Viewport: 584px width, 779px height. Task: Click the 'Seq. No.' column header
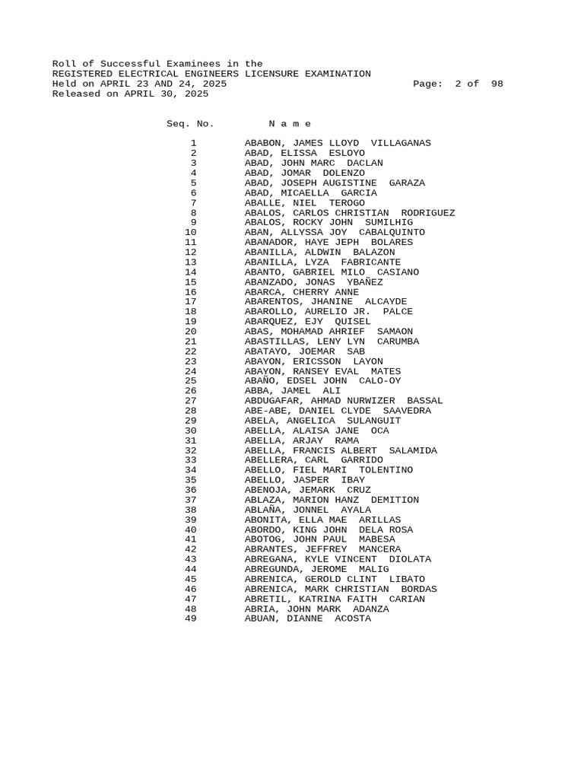pos(190,124)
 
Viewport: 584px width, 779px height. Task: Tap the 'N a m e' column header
pos(290,124)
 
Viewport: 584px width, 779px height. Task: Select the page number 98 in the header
pos(497,84)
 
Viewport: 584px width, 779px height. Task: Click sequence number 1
pos(193,143)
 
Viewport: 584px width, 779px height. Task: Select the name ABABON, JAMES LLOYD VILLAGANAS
pos(338,143)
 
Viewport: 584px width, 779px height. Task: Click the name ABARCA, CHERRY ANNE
pos(301,292)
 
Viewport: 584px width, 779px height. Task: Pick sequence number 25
pos(190,381)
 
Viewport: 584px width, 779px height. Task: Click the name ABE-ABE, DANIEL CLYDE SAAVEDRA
pos(338,411)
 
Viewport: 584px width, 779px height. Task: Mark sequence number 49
pos(190,619)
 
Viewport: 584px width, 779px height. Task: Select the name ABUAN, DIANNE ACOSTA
pos(308,619)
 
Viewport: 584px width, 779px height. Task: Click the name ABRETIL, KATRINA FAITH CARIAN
pos(335,599)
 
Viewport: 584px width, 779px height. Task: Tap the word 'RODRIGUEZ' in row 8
pos(428,213)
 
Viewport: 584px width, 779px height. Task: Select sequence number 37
pos(190,501)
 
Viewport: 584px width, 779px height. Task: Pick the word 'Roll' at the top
pos(64,64)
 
